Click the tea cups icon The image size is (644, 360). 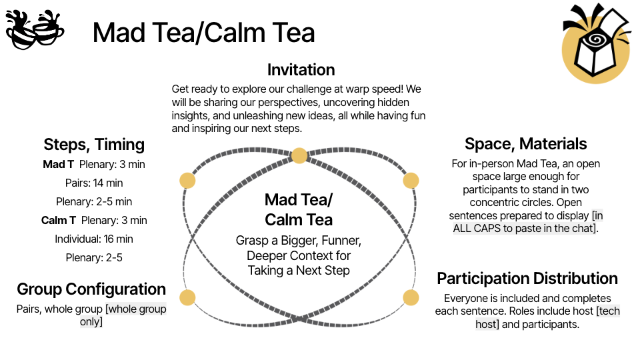(x=35, y=29)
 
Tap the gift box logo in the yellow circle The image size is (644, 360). (x=596, y=43)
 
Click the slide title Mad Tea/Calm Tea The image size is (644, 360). (x=204, y=33)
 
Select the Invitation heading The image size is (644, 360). (x=301, y=70)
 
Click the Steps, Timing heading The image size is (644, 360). (x=94, y=145)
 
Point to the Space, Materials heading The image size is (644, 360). (x=526, y=144)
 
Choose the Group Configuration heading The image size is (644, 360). (x=91, y=289)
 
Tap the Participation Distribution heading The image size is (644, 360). (x=527, y=279)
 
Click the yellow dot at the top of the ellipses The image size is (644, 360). (x=299, y=156)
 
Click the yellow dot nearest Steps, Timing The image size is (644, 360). (x=188, y=181)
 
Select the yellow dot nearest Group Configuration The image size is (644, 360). (x=188, y=297)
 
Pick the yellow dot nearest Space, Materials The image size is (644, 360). (x=411, y=181)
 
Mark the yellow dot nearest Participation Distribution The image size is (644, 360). (x=411, y=297)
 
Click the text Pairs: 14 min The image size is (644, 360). (x=94, y=183)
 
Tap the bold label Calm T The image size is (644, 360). (x=59, y=221)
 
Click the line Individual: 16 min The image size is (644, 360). (x=94, y=239)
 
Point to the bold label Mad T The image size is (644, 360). (x=58, y=165)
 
